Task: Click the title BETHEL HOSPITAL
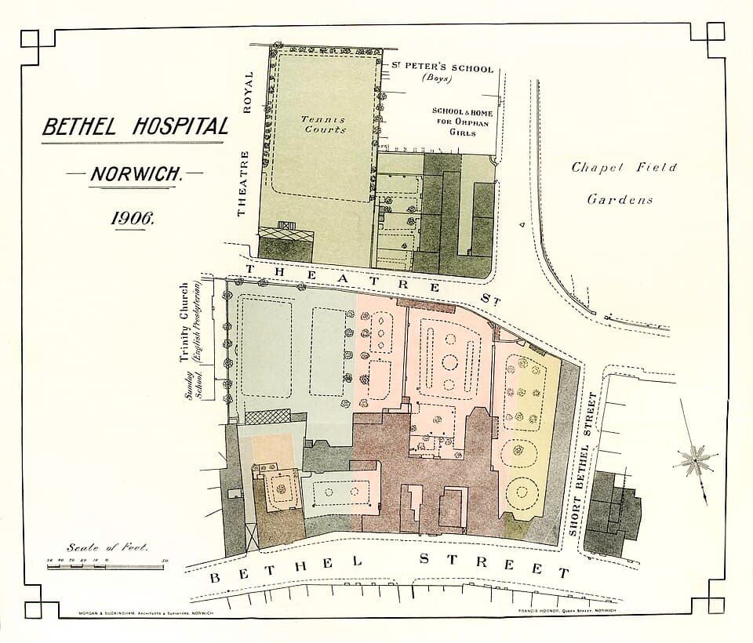click(x=135, y=126)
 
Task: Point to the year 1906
click(x=133, y=219)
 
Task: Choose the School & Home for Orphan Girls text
click(x=463, y=122)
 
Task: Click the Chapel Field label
click(x=623, y=168)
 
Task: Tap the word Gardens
click(x=620, y=199)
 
